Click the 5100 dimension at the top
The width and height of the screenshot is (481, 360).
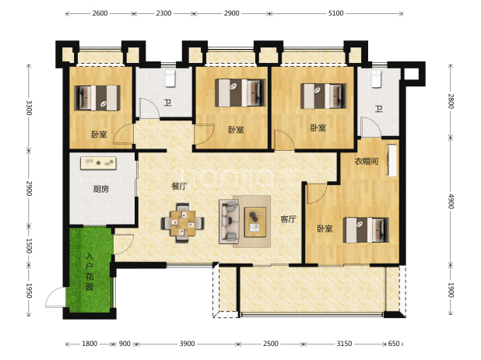pos(335,13)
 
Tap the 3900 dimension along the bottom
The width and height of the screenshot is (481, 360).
pos(187,344)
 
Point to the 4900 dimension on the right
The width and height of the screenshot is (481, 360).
pos(451,201)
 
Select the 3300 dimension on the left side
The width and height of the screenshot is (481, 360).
pos(29,108)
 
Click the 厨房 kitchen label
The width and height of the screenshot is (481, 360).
pos(101,189)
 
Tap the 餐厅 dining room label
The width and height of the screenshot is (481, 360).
pos(179,186)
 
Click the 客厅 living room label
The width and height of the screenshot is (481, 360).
pos(288,219)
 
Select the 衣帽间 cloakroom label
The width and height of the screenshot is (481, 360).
pos(367,161)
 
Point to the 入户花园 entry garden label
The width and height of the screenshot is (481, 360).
pos(90,271)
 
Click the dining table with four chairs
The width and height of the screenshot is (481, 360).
pos(183,222)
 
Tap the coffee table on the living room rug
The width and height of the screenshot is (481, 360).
pos(255,222)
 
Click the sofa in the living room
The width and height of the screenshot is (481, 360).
pos(229,222)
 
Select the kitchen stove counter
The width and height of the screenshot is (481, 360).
pos(98,163)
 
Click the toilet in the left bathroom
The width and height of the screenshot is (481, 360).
pos(170,78)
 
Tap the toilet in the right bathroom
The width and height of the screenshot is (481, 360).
pos(376,79)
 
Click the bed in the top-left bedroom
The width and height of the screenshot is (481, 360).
pos(97,98)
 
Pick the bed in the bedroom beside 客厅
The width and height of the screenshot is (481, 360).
pos(366,230)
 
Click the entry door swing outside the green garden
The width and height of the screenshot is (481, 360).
pos(55,297)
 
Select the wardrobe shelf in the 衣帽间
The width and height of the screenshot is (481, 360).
pos(391,160)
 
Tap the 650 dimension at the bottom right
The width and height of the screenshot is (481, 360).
pos(394,344)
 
